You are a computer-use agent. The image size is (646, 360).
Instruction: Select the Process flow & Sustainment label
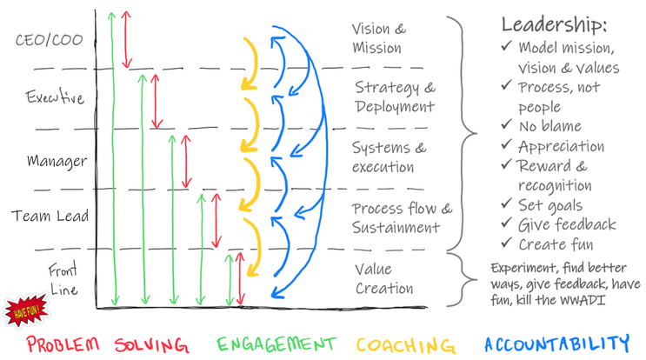coord(402,217)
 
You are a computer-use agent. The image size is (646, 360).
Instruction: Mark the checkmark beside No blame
coord(507,126)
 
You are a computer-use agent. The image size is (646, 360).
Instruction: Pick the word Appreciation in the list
coord(561,146)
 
